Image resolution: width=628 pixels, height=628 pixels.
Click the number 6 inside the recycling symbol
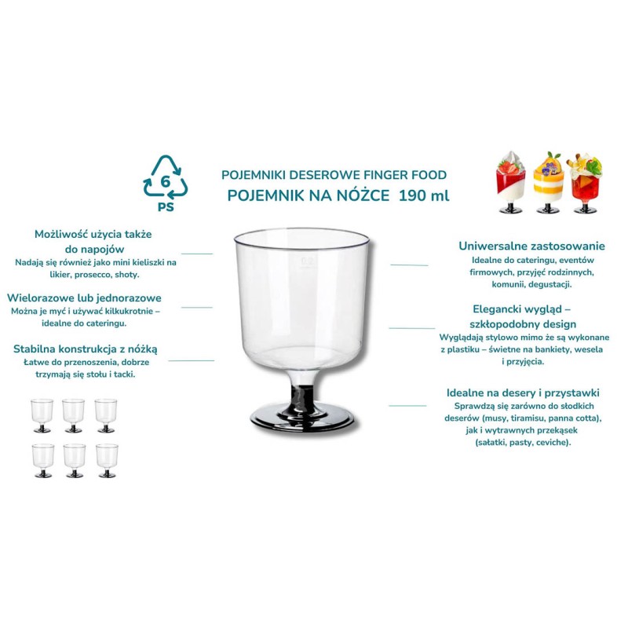tap(166, 182)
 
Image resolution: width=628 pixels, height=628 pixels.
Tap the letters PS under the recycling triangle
tap(166, 207)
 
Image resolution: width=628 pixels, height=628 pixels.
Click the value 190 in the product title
tap(412, 195)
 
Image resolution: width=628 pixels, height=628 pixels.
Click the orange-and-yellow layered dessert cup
tap(548, 182)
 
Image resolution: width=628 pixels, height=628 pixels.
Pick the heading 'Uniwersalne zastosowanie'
tap(531, 246)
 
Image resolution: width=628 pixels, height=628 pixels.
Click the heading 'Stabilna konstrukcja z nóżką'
tap(86, 349)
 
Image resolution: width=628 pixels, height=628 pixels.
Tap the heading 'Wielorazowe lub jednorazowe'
tap(84, 298)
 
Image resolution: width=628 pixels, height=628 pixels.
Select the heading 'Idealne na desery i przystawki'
tap(523, 392)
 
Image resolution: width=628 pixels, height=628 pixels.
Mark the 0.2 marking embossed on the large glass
tap(307, 261)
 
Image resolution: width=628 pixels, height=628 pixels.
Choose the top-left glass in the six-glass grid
tap(42, 416)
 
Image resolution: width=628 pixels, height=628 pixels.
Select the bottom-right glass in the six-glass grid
tap(107, 461)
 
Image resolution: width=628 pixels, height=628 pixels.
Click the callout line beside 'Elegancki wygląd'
tap(411, 328)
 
